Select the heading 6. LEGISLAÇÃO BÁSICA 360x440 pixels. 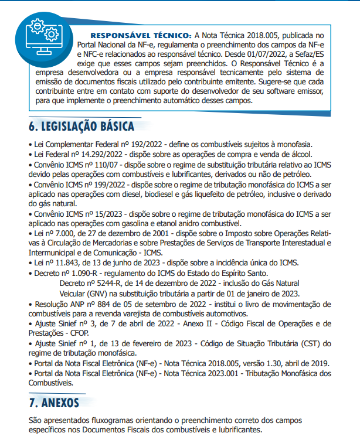pos(81,126)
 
